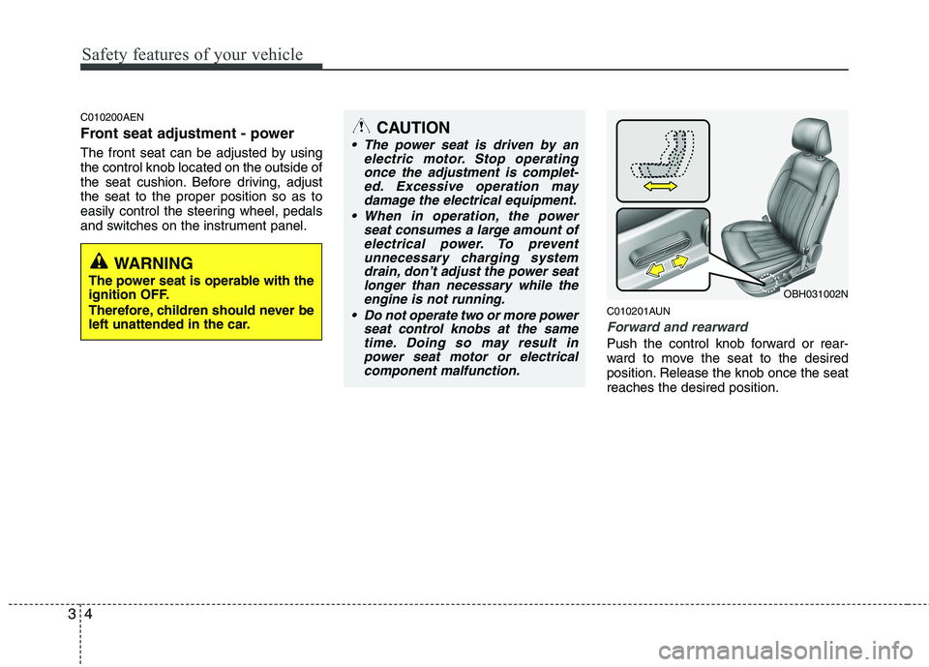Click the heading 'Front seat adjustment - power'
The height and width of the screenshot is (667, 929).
coord(187,134)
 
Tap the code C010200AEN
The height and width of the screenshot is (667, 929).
coord(112,116)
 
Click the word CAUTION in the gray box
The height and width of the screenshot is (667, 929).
coord(413,128)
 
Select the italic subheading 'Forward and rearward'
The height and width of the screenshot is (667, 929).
coord(676,327)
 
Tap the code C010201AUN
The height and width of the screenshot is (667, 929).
coord(639,311)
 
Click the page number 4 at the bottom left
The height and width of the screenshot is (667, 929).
coord(95,616)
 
